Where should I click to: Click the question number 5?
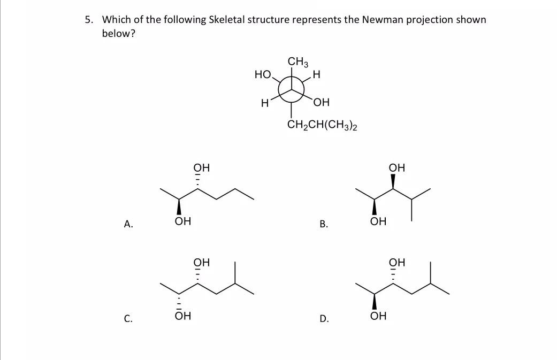[88, 20]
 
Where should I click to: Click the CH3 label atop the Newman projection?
[298, 62]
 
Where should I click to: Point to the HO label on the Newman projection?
[263, 74]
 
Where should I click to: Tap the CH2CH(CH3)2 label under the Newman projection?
[322, 126]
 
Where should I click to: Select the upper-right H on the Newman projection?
[316, 75]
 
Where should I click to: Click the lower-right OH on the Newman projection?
[322, 103]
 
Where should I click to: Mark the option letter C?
[128, 319]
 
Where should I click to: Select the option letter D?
[323, 319]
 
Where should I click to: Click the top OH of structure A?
[201, 167]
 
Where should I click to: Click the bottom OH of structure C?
[182, 317]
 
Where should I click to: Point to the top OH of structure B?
[397, 167]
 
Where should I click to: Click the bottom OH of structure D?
[378, 317]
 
